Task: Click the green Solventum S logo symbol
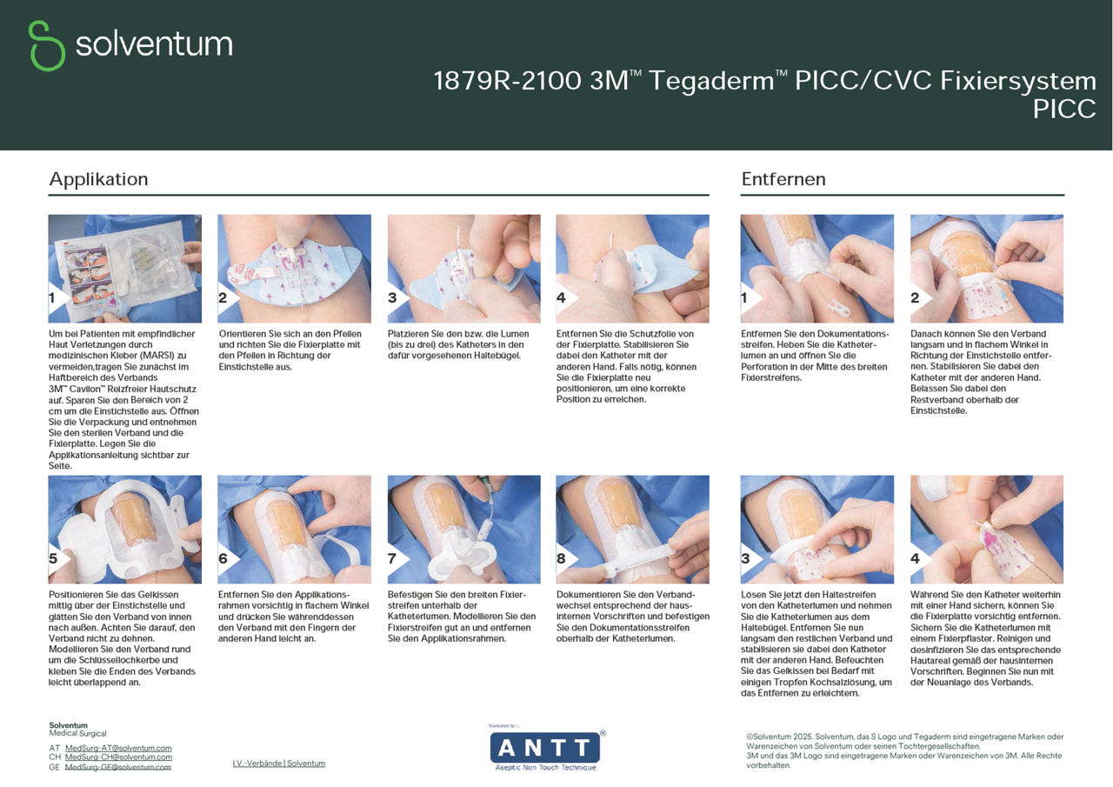pos(46,45)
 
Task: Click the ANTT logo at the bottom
pos(545,748)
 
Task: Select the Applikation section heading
pos(98,179)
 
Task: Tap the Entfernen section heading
pos(783,179)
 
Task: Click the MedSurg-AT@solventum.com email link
pos(118,748)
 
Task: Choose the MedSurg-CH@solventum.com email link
pos(118,757)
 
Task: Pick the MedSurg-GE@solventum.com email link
pos(118,767)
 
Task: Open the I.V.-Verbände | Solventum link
pos(278,764)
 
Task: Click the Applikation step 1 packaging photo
pos(124,268)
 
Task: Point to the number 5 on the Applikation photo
pos(54,558)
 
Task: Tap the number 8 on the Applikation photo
pos(562,558)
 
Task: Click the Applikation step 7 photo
pos(463,529)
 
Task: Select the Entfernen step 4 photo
pos(986,529)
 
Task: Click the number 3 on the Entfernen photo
pos(746,558)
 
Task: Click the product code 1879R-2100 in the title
pos(507,81)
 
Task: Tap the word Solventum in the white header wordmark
pos(154,43)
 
